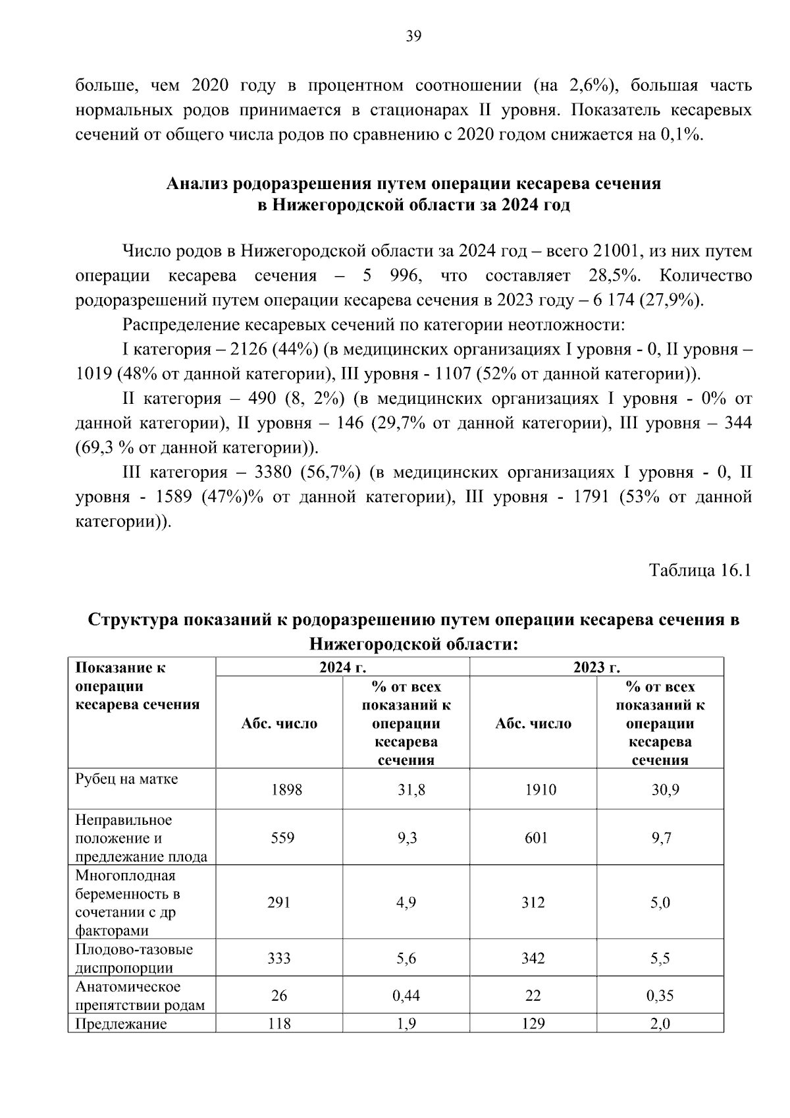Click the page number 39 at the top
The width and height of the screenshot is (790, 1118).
413,36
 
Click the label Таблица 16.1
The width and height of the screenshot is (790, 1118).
700,570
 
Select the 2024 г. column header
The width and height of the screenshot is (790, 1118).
342,667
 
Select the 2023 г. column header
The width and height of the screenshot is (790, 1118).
596,667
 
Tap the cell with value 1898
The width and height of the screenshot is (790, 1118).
286,789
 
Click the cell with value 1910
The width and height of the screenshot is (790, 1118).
540,789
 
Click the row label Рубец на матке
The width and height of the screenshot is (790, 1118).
126,779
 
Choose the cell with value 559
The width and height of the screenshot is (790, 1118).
282,838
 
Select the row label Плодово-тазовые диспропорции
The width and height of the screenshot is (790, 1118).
134,959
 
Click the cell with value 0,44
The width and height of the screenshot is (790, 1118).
406,995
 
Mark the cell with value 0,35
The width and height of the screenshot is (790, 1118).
660,995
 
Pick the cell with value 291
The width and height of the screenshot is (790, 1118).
278,903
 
